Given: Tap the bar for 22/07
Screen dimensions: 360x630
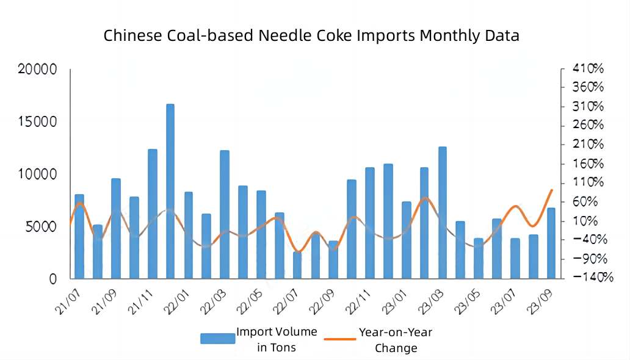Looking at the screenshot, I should [297, 265].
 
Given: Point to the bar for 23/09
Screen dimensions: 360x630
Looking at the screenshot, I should [551, 243].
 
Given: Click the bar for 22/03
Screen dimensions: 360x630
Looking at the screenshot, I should [225, 214].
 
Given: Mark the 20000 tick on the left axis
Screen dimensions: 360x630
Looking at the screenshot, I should [38, 70].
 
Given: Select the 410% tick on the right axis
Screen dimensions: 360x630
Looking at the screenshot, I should [588, 68].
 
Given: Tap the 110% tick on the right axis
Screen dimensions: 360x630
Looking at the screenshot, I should [588, 182].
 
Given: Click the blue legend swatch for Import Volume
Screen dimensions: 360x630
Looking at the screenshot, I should [217, 339].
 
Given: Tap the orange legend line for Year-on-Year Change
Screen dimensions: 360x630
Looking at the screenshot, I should [339, 339].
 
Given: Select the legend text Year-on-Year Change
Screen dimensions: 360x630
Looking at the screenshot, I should [396, 340].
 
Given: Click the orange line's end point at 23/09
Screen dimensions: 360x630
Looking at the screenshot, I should [552, 190].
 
